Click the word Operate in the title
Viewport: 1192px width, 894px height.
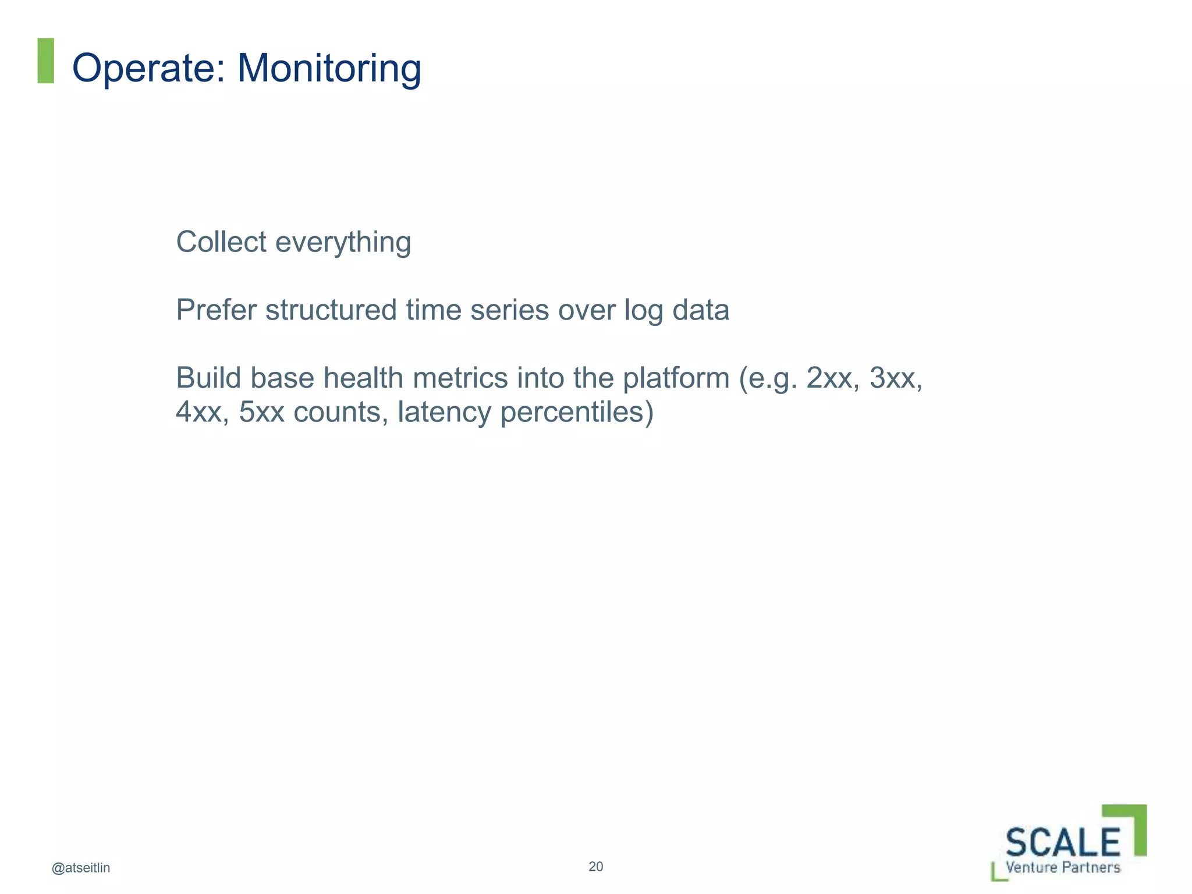click(148, 68)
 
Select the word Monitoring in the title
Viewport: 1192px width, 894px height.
click(329, 68)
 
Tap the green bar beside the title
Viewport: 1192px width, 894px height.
click(46, 61)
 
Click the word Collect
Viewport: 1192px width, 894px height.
click(221, 242)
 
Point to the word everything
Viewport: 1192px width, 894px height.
click(343, 243)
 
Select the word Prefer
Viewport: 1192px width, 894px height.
click(216, 310)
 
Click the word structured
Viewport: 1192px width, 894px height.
click(331, 310)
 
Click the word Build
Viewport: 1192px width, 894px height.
click(208, 378)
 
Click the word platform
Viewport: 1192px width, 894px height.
click(676, 379)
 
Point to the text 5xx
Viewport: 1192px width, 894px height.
click(261, 412)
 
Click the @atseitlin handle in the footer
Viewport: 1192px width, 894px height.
click(81, 868)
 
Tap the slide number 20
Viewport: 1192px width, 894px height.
click(596, 867)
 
